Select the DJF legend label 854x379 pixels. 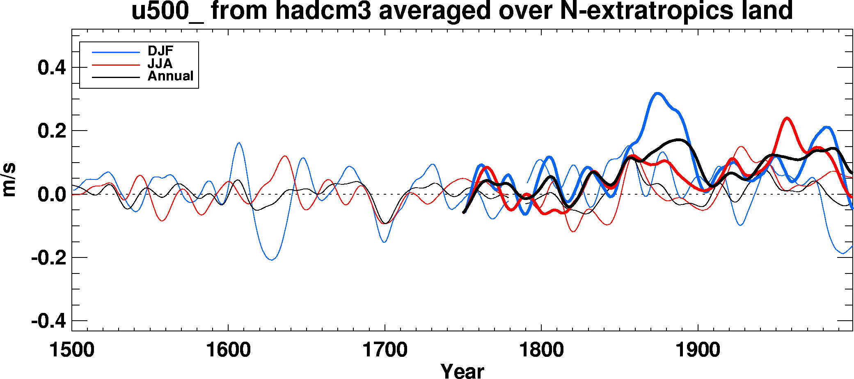pos(160,51)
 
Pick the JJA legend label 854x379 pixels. pos(160,64)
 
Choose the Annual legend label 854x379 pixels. pos(170,76)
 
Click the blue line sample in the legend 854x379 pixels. pos(116,52)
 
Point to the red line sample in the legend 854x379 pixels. pos(116,65)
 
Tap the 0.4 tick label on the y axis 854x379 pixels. pos(52,67)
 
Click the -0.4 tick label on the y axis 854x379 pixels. pos(48,321)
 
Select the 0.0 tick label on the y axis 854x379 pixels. pos(52,194)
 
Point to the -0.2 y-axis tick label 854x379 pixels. pos(48,257)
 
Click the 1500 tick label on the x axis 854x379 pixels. pos(72,350)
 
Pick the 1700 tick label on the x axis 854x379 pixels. pos(385,350)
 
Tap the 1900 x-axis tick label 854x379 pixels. pos(698,350)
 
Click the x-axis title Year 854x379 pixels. pos(462,371)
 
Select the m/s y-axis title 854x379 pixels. pos(9,180)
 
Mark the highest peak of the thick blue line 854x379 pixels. pos(658,93)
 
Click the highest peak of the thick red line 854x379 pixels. pos(787,118)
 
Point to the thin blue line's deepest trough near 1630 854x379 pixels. pos(272,260)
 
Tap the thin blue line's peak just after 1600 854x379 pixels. pos(239,143)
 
